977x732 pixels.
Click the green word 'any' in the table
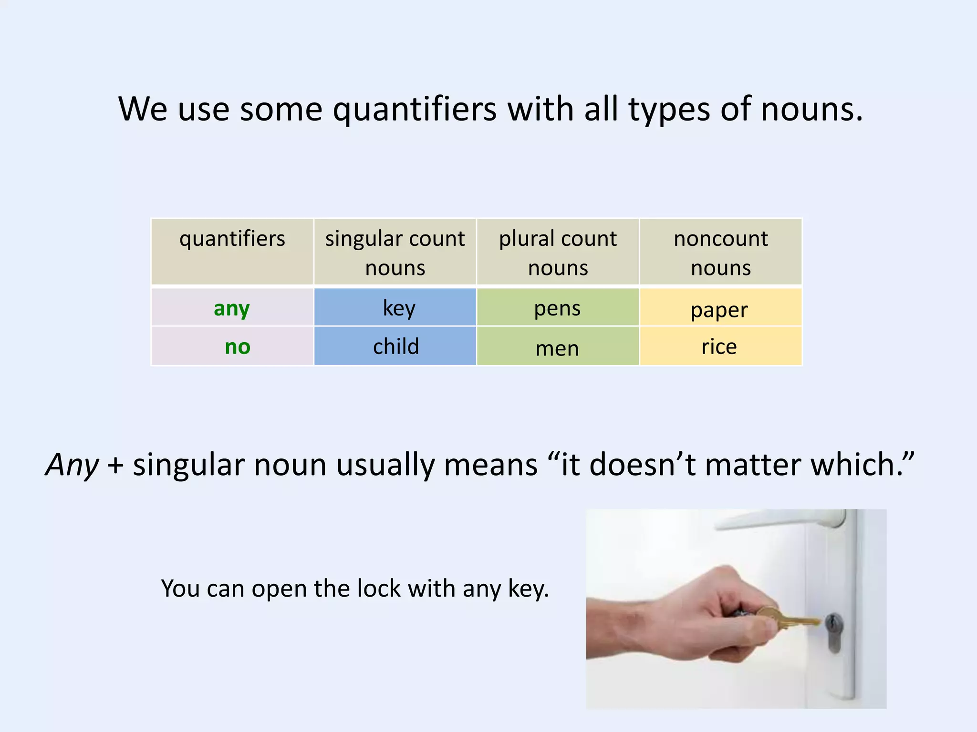tap(231, 308)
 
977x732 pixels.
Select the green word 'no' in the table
tap(237, 346)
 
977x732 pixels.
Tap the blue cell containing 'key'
tap(395, 307)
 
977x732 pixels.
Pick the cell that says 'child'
tap(395, 346)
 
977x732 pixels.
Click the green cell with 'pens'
tap(557, 307)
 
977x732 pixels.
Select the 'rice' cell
tap(720, 346)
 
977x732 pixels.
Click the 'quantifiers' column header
tap(232, 238)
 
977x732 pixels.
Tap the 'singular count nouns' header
tap(395, 252)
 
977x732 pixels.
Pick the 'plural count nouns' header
tap(557, 252)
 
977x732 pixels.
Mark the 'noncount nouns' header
tap(720, 252)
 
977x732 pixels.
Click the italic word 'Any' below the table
tap(72, 465)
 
